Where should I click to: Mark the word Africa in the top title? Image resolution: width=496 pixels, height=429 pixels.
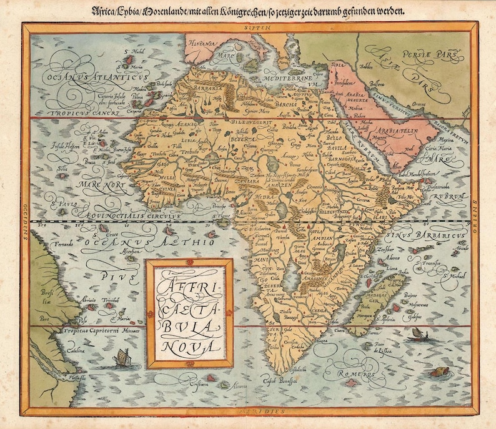tap(105, 10)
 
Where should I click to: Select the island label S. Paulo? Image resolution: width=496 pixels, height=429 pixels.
tap(62, 203)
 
